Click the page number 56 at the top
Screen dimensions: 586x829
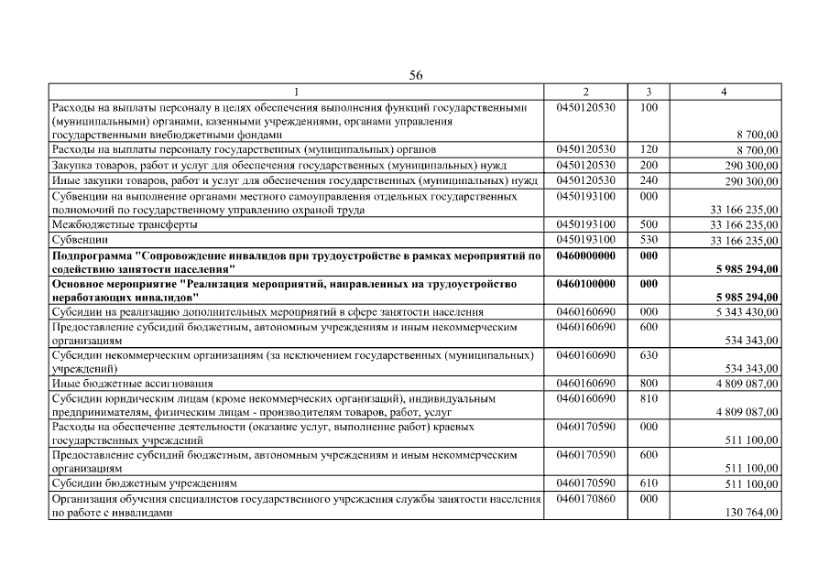point(415,75)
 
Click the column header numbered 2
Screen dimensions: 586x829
point(585,92)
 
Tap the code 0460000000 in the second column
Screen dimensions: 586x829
point(585,255)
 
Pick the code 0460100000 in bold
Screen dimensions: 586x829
point(585,284)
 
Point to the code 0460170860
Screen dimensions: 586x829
point(585,499)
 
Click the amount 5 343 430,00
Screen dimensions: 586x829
point(745,313)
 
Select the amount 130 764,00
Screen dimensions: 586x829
point(750,514)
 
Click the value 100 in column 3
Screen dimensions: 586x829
point(649,107)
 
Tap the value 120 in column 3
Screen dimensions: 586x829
point(649,148)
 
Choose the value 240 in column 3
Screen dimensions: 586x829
point(649,180)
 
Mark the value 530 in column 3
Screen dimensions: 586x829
point(649,240)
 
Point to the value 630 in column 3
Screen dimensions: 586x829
point(649,353)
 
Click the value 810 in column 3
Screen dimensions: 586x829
point(649,398)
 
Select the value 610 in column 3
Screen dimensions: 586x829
point(649,483)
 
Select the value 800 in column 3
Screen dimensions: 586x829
point(649,384)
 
